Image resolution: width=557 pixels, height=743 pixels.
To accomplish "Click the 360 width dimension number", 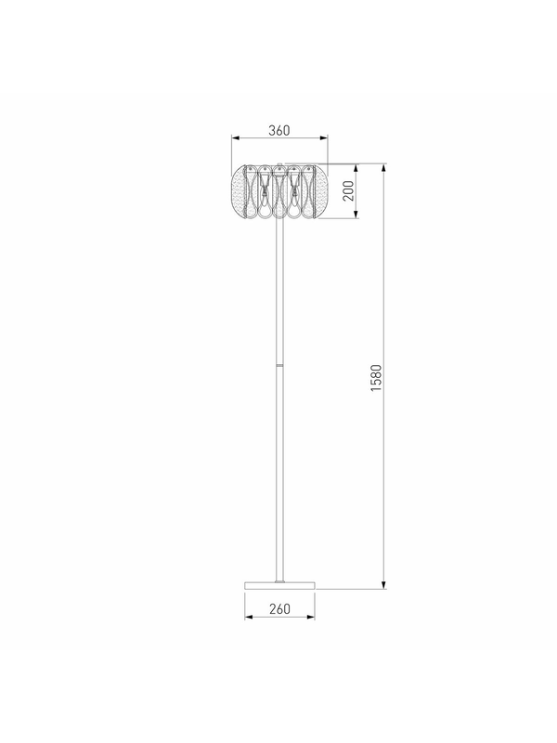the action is point(279,130).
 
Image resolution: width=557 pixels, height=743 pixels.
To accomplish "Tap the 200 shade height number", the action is point(348,191).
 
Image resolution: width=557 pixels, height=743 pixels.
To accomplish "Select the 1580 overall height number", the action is point(376,378).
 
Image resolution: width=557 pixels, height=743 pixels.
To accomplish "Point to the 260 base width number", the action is point(279,609).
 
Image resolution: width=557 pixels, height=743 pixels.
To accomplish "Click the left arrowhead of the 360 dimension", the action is point(236,137).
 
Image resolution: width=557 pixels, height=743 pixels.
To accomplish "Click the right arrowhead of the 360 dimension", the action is point(324,137).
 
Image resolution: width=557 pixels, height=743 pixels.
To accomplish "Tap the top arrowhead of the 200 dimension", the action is point(356,168).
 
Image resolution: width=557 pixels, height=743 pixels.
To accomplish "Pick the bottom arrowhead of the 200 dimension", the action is point(356,215).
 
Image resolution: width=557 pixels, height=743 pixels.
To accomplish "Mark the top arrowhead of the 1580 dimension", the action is point(384,168).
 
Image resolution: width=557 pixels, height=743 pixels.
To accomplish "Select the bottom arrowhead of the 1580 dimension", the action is point(384,585).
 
